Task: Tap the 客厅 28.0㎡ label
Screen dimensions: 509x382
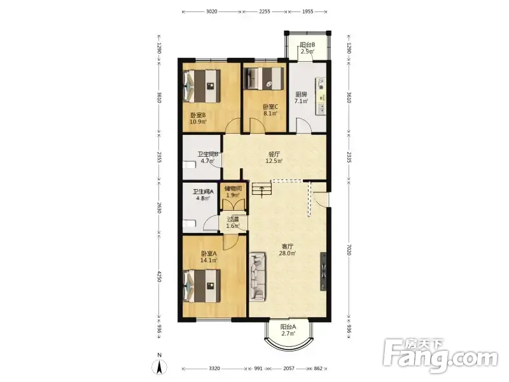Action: (288, 250)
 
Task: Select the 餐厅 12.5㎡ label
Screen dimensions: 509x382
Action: (274, 157)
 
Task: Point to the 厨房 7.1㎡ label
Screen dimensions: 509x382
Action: (301, 97)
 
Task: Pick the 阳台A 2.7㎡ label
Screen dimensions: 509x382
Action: (288, 330)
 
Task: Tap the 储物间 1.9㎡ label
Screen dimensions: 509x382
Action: (233, 192)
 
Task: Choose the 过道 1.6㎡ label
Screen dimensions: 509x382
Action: (233, 222)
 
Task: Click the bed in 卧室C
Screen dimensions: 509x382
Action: (263, 78)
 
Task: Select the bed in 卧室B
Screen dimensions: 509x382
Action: (202, 86)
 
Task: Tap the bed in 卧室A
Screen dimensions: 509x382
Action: (202, 286)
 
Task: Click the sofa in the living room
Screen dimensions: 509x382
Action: (258, 277)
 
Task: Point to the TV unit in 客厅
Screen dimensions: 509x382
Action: (323, 271)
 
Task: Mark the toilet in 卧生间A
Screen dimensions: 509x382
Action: (189, 224)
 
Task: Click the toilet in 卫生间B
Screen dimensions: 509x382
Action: (189, 165)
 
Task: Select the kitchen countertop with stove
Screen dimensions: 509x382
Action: (321, 96)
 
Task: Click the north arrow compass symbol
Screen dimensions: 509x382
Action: (160, 367)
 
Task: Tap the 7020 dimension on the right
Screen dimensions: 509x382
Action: (349, 250)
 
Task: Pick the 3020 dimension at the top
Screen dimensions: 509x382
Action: (211, 11)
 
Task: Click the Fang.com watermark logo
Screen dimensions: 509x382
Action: (440, 357)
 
